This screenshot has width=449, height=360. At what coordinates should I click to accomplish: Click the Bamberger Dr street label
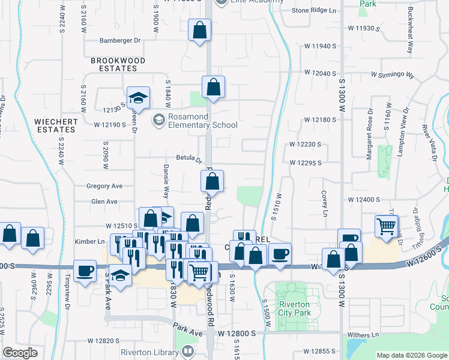pyautogui.click(x=119, y=41)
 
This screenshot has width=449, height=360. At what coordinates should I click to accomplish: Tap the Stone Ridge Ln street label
pyautogui.click(x=314, y=11)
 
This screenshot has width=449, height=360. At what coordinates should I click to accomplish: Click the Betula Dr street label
pyautogui.click(x=188, y=159)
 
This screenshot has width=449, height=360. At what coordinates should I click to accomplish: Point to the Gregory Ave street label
pyautogui.click(x=104, y=187)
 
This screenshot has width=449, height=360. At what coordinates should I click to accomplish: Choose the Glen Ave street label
pyautogui.click(x=104, y=202)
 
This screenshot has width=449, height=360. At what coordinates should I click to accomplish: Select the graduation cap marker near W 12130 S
pyautogui.click(x=138, y=97)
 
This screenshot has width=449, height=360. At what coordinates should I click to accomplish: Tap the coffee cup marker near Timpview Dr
pyautogui.click(x=85, y=270)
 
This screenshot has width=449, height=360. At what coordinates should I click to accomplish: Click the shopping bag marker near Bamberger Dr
pyautogui.click(x=199, y=29)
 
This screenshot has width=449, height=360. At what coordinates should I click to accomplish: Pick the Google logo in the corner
pyautogui.click(x=20, y=353)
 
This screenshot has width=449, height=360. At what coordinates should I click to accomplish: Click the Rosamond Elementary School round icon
pyautogui.click(x=158, y=120)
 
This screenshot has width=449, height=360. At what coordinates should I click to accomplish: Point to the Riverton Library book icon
pyautogui.click(x=188, y=352)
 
